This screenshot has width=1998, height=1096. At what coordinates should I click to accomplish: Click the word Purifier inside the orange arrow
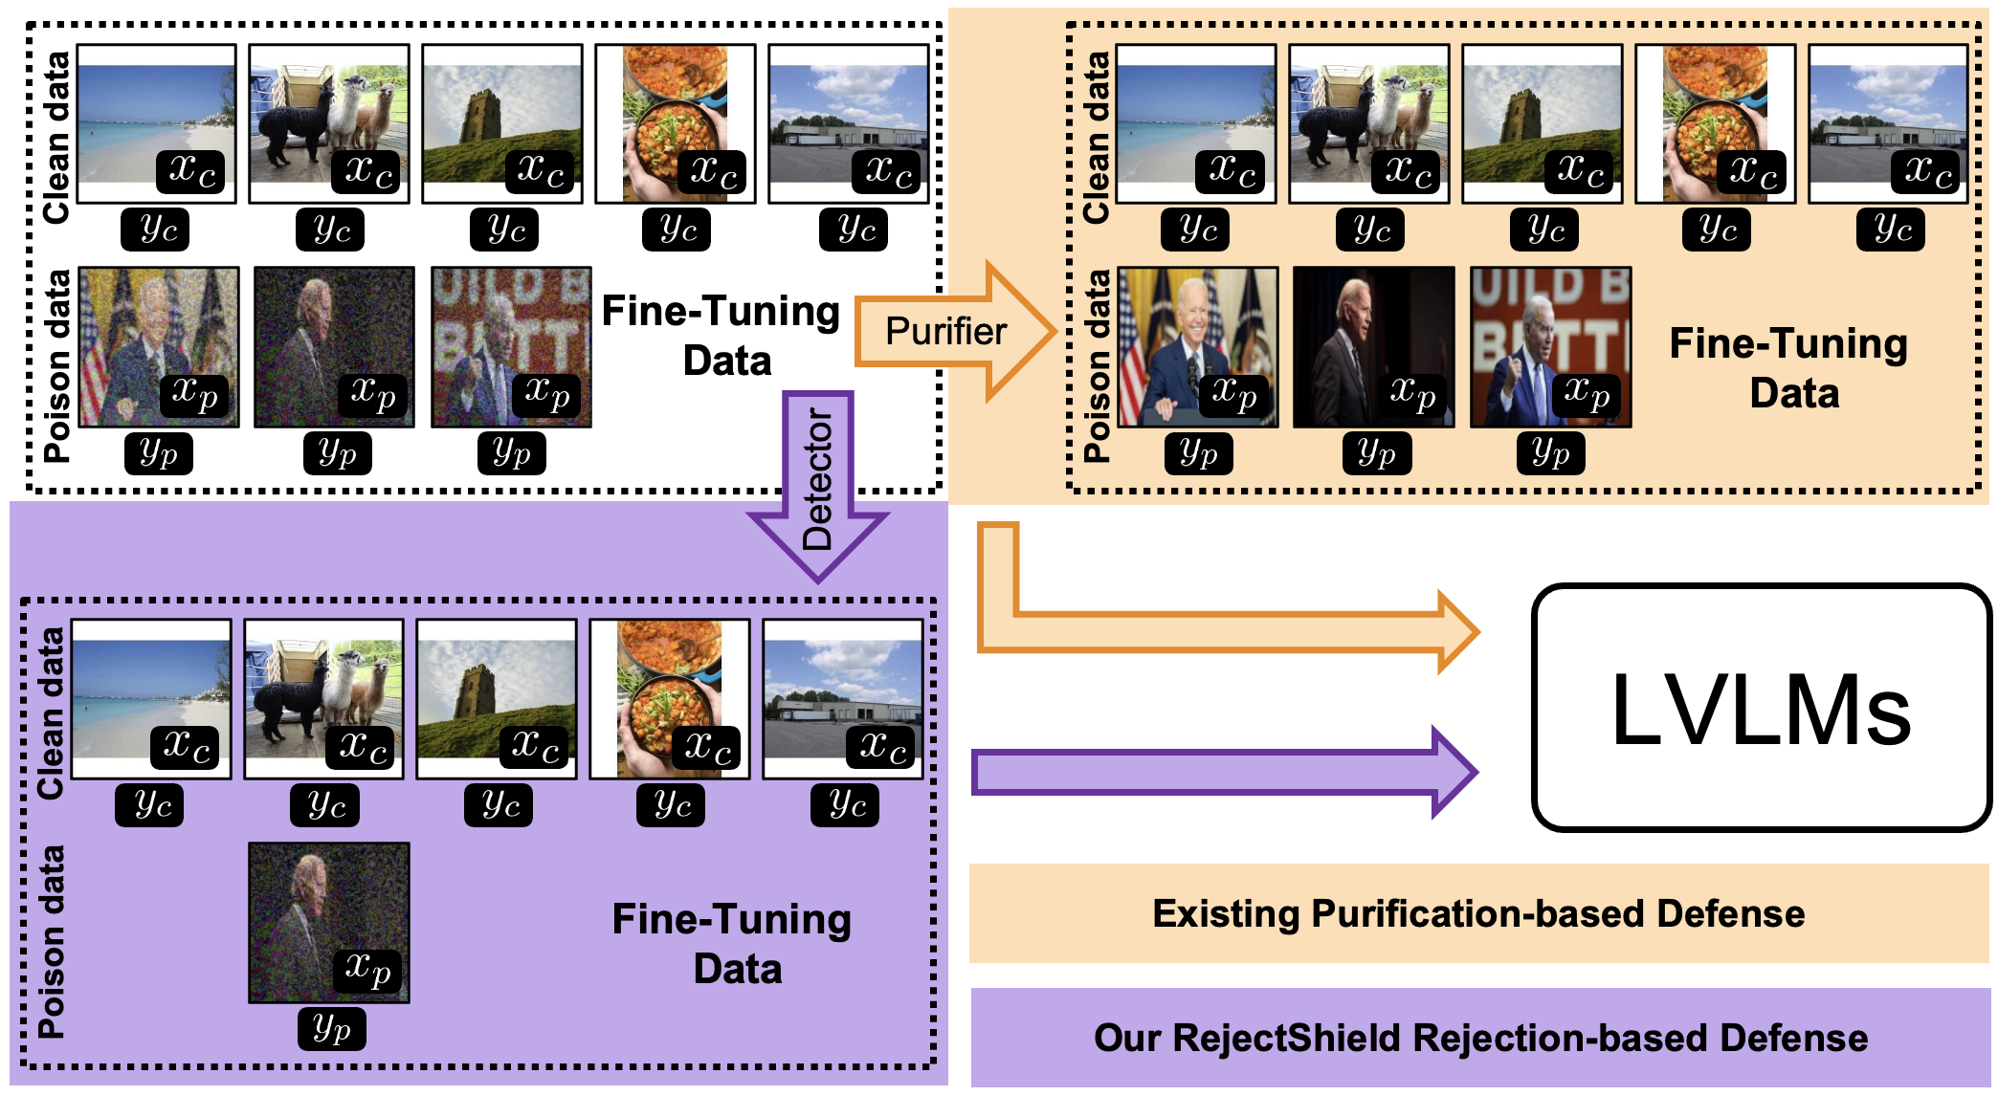(x=945, y=332)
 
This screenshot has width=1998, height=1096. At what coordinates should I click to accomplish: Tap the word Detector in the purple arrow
(x=817, y=478)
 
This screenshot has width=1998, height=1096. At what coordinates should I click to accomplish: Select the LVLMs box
(x=1761, y=708)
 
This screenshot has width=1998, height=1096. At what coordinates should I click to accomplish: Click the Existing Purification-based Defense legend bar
(x=1478, y=913)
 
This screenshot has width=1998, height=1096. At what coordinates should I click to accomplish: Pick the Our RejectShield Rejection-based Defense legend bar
(x=1480, y=1038)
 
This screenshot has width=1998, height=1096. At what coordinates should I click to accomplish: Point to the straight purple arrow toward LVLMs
(x=1225, y=773)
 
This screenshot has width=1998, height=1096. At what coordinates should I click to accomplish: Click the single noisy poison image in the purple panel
(x=328, y=922)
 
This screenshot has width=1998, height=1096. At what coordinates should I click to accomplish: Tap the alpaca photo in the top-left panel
(x=328, y=123)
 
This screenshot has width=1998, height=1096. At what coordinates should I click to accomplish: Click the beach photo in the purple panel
(x=151, y=698)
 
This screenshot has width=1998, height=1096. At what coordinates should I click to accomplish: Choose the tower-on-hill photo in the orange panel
(x=1542, y=123)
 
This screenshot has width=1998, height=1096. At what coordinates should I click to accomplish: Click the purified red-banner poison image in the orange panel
(x=1550, y=346)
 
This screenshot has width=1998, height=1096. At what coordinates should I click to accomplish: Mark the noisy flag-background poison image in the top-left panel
(x=158, y=346)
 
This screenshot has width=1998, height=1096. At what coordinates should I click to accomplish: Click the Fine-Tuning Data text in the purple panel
(x=732, y=944)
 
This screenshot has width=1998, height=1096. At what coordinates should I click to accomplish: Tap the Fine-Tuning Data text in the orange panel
(x=1789, y=368)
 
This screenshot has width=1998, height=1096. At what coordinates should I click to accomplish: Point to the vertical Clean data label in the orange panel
(x=1096, y=137)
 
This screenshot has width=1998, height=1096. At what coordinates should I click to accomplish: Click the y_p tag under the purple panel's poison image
(x=331, y=1029)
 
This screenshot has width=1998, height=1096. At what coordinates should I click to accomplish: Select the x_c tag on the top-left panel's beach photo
(x=191, y=171)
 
